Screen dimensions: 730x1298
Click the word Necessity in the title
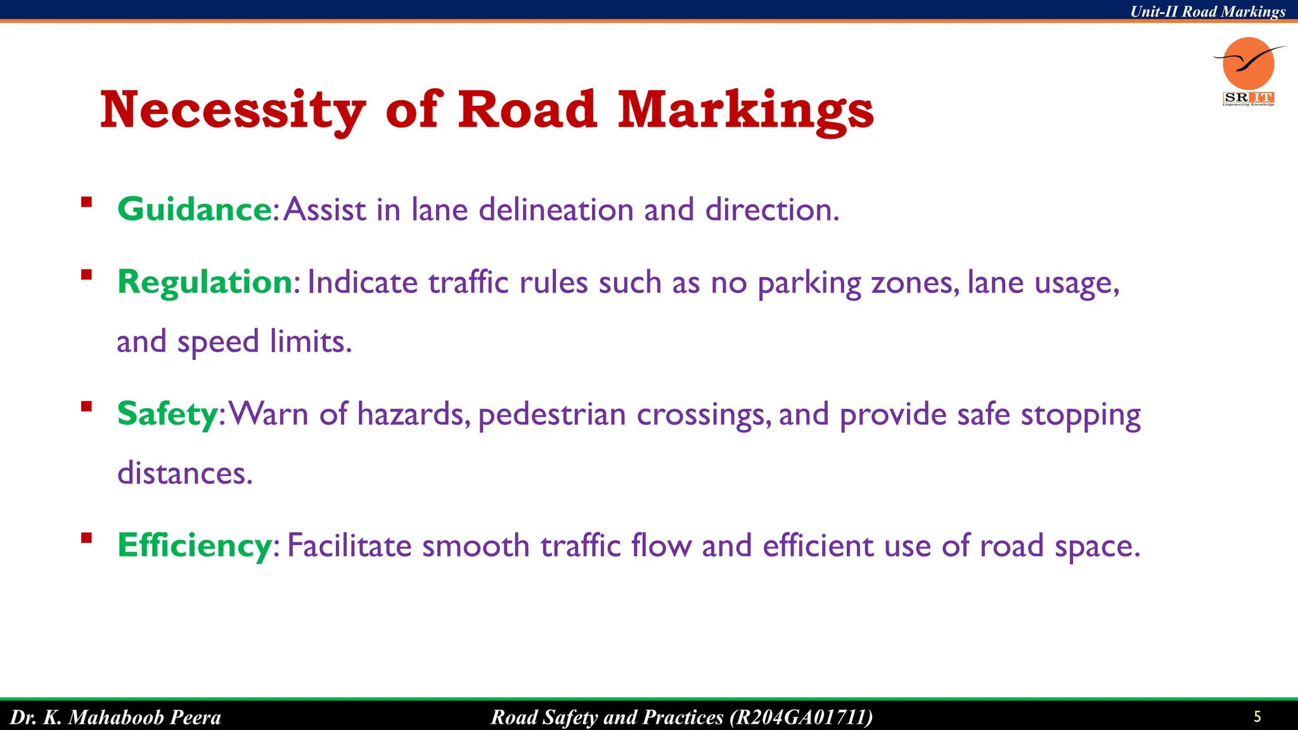coord(233,110)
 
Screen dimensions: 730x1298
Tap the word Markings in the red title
coord(745,110)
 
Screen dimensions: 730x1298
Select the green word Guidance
coord(195,209)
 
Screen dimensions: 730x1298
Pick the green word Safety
coord(168,414)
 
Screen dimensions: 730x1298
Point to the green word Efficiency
coord(195,545)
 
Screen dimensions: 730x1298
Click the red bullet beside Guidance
coord(87,203)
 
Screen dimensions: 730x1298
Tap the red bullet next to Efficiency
coord(87,538)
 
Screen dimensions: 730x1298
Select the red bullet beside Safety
coord(87,407)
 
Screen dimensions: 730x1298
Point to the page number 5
coord(1257,717)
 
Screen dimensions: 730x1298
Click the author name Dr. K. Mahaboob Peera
coord(115,717)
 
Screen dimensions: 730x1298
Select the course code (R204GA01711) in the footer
coord(801,717)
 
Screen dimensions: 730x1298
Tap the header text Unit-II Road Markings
coord(1208,11)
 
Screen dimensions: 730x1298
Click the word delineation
coord(556,209)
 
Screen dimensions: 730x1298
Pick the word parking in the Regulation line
coord(809,283)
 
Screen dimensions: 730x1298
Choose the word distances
coord(185,473)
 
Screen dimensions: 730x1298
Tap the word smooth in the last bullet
coord(475,546)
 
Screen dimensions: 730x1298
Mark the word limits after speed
coord(310,342)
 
